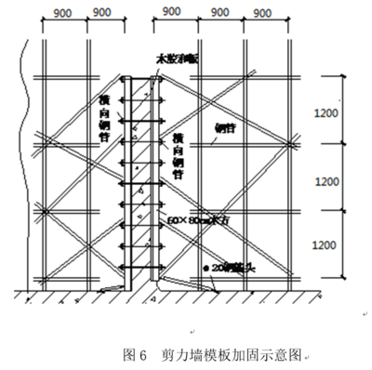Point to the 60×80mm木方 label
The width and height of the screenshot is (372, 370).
(x=196, y=220)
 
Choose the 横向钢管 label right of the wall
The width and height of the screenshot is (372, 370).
(x=177, y=153)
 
